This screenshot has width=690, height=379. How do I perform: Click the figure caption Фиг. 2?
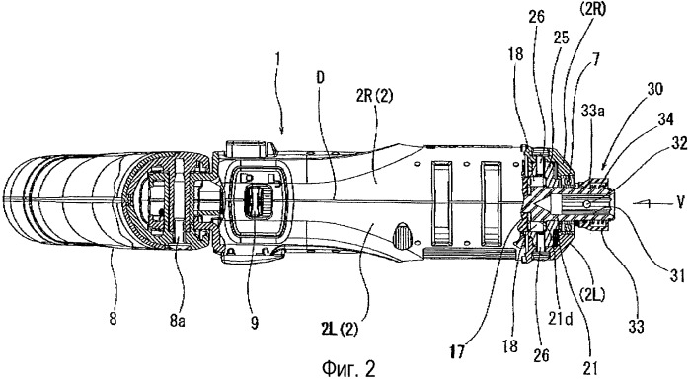pyautogui.click(x=349, y=368)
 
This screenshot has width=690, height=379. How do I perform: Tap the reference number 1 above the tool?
pyautogui.click(x=279, y=60)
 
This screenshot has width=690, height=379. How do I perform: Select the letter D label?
pyautogui.click(x=321, y=77)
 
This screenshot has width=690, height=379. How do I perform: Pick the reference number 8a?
pyautogui.click(x=177, y=321)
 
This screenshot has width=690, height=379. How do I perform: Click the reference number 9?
pyautogui.click(x=255, y=323)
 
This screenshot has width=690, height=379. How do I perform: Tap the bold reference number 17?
pyautogui.click(x=457, y=353)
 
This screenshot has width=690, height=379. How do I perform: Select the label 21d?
pyautogui.click(x=560, y=320)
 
